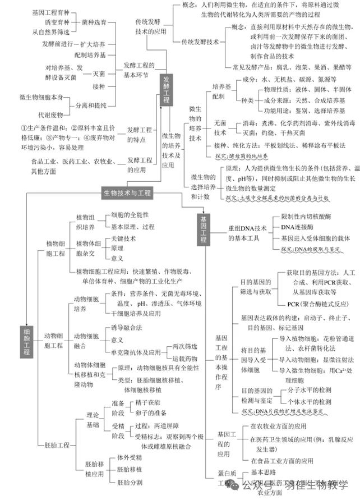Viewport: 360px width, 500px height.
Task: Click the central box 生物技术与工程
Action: point(127,193)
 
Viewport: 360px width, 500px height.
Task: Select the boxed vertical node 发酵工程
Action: point(166,90)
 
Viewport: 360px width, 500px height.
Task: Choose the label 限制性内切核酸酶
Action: point(307,216)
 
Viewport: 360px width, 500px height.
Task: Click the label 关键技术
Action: point(124,238)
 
